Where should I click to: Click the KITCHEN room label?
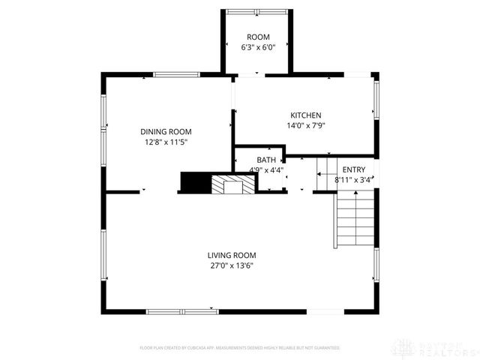click(x=306, y=115)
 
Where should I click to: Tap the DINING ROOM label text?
click(x=165, y=131)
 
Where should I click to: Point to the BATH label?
click(x=265, y=160)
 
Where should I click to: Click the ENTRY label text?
click(x=354, y=170)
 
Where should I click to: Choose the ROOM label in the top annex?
click(x=259, y=37)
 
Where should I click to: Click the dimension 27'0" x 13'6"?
click(x=232, y=265)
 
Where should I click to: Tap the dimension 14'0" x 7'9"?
click(x=306, y=126)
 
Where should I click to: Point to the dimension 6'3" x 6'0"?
click(x=259, y=47)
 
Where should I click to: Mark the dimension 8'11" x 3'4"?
click(x=354, y=180)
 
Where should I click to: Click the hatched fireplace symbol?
click(x=228, y=184)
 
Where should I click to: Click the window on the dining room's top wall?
click(x=177, y=73)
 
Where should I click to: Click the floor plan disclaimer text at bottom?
click(x=240, y=348)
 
